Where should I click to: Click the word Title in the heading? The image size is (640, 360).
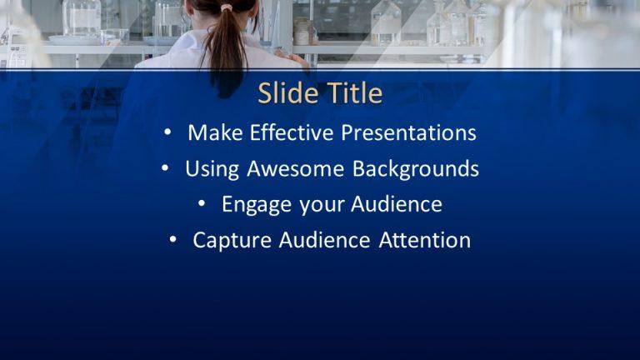coord(351,93)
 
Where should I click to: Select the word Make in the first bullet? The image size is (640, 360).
coord(212,132)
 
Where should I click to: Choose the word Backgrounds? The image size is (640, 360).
coord(415,169)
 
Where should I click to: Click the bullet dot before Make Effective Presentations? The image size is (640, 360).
coord(169,132)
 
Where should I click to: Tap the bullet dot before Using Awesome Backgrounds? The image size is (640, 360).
coord(166,169)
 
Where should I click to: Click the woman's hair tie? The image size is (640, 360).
coord(226,7)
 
